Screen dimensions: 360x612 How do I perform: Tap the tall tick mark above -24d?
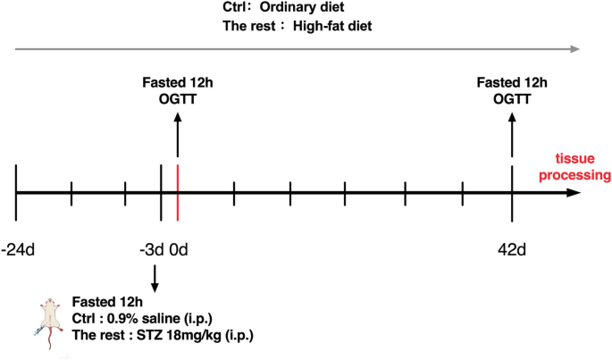click(16, 191)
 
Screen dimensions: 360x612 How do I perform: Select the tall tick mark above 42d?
click(512, 191)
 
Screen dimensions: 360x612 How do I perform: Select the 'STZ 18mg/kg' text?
click(187, 335)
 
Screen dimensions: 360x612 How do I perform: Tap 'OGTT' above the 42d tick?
click(512, 99)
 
